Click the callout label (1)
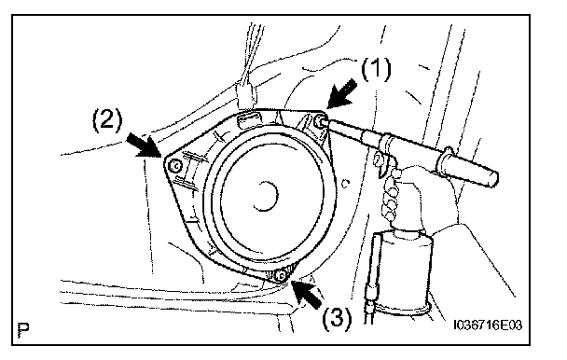(377, 69)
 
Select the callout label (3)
(337, 318)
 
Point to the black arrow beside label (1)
(341, 94)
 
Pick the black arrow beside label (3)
(308, 294)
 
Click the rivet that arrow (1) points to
(319, 121)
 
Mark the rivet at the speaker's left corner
(176, 166)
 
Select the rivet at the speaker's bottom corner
(280, 276)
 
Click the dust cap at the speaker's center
(266, 196)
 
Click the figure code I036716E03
(488, 325)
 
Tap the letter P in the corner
(23, 331)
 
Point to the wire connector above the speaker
(245, 93)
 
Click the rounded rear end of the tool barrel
(491, 177)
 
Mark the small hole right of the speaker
(345, 184)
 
